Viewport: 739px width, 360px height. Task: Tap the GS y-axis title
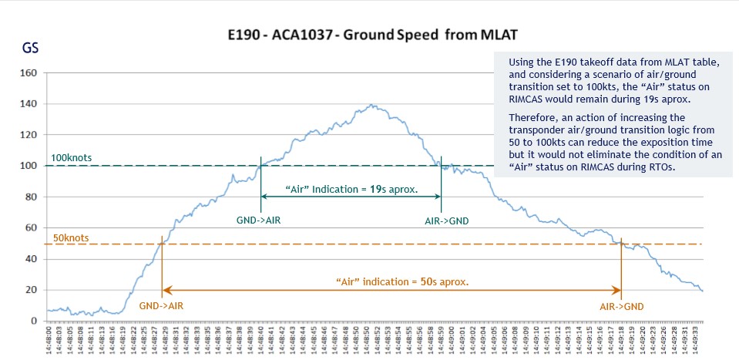click(30, 48)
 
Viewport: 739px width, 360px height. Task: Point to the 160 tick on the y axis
click(29, 73)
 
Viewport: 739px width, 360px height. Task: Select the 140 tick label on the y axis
click(29, 104)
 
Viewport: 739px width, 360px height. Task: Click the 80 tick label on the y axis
click(32, 197)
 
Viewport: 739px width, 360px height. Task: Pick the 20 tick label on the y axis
click(32, 290)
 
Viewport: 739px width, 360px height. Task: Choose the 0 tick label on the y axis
click(34, 321)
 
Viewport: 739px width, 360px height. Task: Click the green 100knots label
click(71, 158)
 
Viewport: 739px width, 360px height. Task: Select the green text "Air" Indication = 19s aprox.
click(351, 190)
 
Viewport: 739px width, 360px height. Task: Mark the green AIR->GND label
click(446, 220)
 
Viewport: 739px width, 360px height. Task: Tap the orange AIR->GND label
click(621, 306)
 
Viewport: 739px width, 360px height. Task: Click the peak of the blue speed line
click(374, 104)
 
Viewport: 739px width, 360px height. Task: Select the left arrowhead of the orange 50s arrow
click(165, 290)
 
